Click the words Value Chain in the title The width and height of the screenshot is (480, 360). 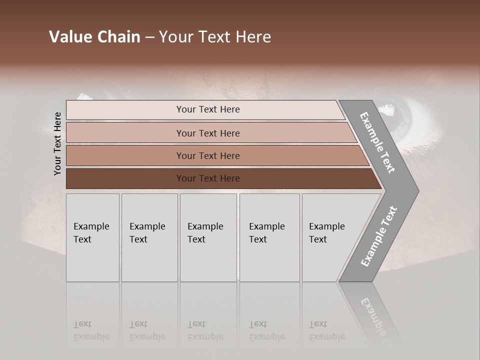click(x=94, y=37)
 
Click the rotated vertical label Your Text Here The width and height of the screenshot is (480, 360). click(x=57, y=143)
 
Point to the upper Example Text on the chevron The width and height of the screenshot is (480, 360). click(x=377, y=142)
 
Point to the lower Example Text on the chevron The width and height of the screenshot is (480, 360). click(x=379, y=236)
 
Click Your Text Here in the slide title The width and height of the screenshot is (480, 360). click(x=215, y=37)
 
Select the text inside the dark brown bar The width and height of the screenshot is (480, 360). click(x=208, y=178)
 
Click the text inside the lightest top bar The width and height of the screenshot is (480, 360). click(x=208, y=109)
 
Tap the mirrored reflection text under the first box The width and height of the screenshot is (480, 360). click(x=91, y=330)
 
